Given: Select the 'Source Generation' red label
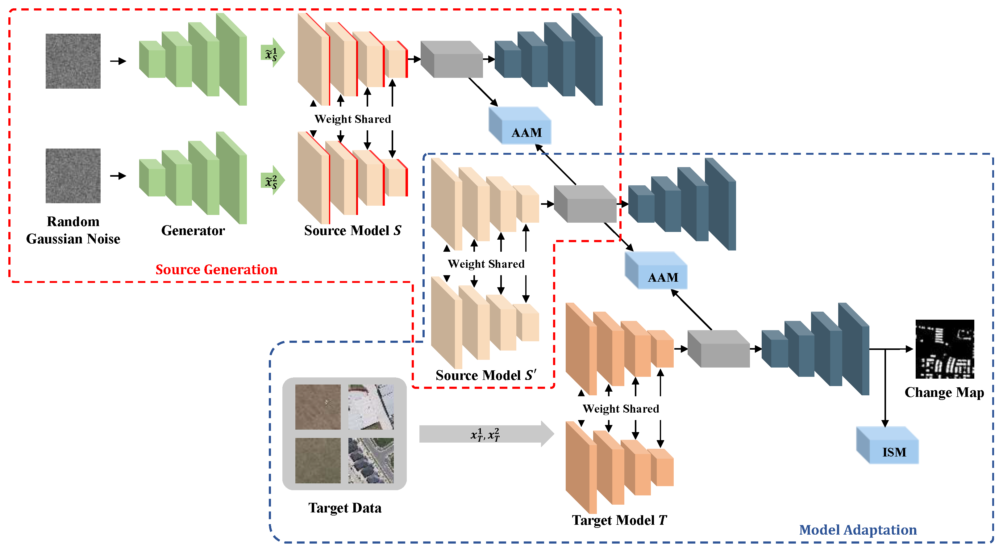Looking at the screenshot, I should point(216,269).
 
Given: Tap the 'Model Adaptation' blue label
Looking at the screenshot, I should point(858,530).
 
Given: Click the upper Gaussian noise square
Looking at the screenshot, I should point(73,61).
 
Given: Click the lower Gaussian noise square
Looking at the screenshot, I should point(73,175).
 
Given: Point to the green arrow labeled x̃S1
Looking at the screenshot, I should point(272,53).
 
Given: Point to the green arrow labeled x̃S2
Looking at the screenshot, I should point(272,180).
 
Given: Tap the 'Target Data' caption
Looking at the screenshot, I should point(345,508).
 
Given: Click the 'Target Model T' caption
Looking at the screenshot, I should point(619,520).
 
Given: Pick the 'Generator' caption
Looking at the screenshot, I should point(193,230).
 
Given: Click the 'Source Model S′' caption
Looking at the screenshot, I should point(485,375).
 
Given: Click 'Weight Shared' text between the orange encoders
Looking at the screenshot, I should point(621,409).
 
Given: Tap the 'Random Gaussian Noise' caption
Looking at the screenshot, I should point(73,230).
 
